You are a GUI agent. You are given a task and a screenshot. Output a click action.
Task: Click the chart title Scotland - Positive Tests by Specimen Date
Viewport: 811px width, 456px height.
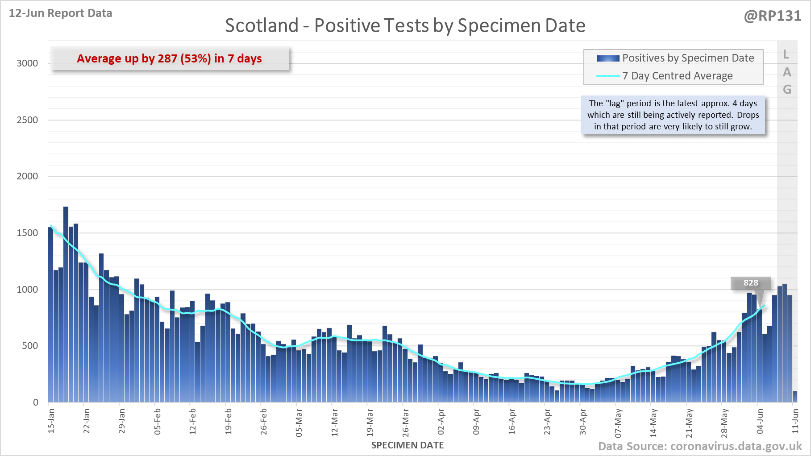point(405,25)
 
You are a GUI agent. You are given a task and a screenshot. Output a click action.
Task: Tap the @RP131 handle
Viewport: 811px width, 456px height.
point(772,16)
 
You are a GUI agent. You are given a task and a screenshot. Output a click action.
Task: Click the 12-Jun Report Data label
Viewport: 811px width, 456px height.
point(60,13)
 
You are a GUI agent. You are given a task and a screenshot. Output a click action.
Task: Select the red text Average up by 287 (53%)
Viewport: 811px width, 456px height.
point(169,58)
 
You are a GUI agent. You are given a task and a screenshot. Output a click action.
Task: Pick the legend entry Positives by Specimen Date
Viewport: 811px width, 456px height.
point(688,58)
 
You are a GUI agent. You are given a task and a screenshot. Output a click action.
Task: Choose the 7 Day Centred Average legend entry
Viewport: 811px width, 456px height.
point(677,76)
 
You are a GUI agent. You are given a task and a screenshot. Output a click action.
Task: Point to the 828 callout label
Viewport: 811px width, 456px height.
point(750,283)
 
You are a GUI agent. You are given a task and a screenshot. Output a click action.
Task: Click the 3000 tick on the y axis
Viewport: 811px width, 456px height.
point(27,63)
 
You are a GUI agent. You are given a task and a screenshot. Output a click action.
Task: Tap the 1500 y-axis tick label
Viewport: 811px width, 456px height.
point(27,233)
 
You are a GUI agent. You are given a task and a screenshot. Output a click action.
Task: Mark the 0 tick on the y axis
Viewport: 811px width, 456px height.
point(36,402)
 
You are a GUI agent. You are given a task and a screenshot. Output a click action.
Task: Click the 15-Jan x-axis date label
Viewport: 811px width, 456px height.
point(51,420)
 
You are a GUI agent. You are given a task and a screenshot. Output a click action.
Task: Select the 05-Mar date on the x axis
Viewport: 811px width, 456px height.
point(299,423)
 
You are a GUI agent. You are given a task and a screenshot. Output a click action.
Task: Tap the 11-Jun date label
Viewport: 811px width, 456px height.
point(795,420)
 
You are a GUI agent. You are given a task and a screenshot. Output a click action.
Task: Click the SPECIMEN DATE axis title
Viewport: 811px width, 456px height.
point(407,445)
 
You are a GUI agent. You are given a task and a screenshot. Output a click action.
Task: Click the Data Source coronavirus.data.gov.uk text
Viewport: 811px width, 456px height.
point(699,447)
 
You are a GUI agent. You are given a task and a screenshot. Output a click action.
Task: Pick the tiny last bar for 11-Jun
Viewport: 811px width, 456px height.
point(795,397)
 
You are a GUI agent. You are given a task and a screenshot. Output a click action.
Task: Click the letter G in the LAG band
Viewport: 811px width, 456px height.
point(787,90)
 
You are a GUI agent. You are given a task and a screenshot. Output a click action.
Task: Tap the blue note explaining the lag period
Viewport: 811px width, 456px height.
point(673,115)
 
